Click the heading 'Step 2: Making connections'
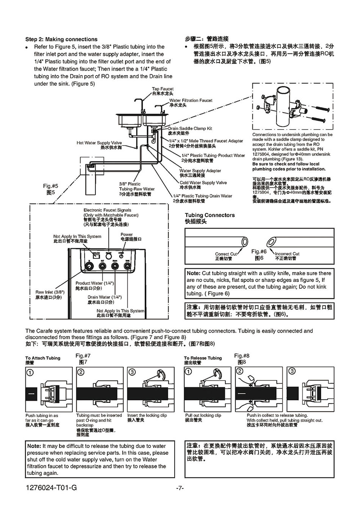(61, 39)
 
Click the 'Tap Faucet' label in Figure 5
(163, 89)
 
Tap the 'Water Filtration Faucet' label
(191, 100)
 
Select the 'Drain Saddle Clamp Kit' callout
(190, 128)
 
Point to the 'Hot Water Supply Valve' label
(99, 143)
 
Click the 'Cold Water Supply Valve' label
(203, 183)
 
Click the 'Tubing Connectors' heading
(210, 215)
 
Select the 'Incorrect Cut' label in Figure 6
(287, 254)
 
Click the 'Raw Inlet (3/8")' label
(50, 292)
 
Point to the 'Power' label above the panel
(127, 235)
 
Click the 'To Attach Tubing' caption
(43, 358)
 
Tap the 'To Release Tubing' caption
(203, 358)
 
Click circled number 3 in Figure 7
(132, 372)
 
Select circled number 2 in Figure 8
(240, 371)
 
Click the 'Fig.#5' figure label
(50, 186)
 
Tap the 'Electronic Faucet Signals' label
(107, 210)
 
